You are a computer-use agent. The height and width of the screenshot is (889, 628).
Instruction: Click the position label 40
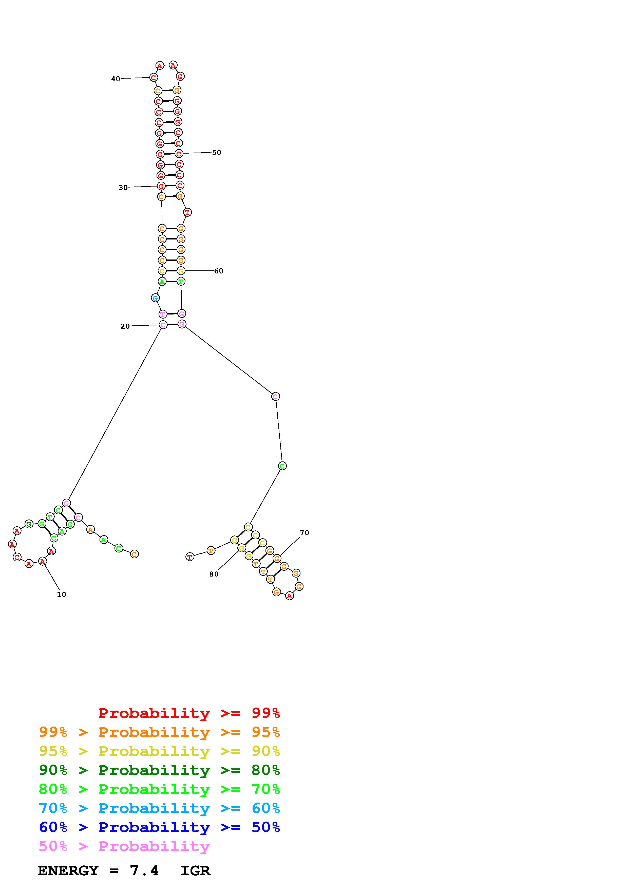pos(115,79)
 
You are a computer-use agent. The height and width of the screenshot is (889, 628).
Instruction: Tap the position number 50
pos(216,153)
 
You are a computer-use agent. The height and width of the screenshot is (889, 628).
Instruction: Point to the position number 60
pos(219,271)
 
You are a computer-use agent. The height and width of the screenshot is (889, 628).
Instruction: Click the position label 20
pos(125,326)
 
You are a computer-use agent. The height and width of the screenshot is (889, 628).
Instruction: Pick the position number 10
pos(62,594)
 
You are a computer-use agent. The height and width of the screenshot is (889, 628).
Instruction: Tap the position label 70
pos(304,533)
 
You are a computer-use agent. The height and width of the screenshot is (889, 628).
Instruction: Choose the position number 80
pos(214,574)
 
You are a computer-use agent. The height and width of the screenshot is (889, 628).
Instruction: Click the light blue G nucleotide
pos(155,298)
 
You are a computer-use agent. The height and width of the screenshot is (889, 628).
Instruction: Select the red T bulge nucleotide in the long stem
pos(187,212)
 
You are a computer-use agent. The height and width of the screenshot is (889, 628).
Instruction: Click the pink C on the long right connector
pos(275,397)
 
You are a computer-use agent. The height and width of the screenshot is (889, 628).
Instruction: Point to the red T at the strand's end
pos(189,557)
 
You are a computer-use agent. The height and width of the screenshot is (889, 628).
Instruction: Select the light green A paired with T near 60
pos(162,282)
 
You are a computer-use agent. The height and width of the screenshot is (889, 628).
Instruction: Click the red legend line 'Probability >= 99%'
pos(189,713)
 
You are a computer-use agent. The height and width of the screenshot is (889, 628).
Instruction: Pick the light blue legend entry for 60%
pos(159,808)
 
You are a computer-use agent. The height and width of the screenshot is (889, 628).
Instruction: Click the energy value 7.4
pos(144,871)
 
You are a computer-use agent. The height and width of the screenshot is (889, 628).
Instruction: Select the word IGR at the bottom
pos(195,871)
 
